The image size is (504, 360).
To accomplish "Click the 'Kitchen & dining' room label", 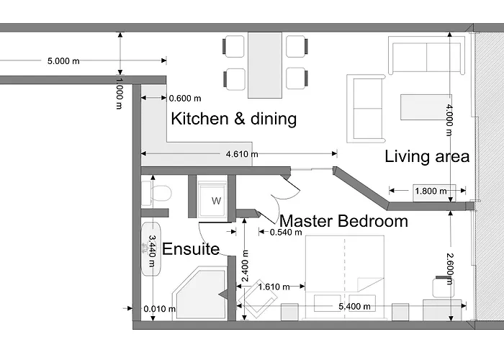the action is (234, 119).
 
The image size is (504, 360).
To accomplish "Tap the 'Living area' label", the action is (427, 156).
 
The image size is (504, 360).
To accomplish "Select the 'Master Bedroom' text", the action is (343, 221).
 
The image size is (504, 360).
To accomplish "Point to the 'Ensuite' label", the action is (191, 249).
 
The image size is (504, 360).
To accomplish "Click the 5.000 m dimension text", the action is (63, 61).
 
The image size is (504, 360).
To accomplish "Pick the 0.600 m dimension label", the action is (185, 99).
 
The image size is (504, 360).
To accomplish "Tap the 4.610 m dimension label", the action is (242, 154).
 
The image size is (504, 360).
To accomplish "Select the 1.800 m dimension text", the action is (431, 192).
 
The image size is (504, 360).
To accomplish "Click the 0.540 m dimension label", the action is (286, 232).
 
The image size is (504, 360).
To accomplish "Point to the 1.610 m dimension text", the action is (274, 287).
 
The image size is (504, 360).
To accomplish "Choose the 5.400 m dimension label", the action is (354, 307).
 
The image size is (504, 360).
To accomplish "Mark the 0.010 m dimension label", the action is (160, 309).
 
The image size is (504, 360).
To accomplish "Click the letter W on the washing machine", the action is (216, 201).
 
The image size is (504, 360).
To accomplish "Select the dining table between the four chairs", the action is (265, 65).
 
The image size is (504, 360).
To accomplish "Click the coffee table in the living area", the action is (426, 107).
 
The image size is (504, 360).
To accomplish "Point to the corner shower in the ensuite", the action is (199, 293).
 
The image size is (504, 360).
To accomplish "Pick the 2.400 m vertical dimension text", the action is (246, 266).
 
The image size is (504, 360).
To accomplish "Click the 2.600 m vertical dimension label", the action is (450, 269).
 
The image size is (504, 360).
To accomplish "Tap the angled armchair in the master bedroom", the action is (257, 299).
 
